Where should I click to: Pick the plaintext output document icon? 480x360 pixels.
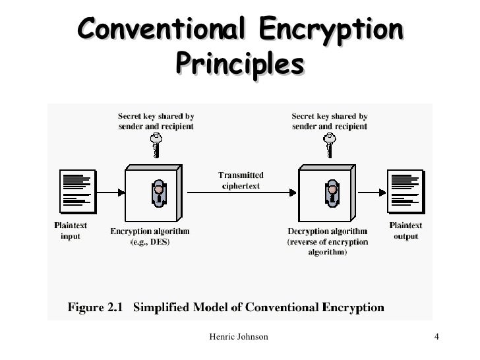tap(405, 191)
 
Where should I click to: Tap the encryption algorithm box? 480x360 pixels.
tap(152, 192)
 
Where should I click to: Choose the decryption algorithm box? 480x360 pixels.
tap(327, 192)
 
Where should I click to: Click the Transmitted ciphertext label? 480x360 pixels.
tap(241, 181)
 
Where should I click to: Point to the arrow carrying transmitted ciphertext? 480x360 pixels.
tap(241, 193)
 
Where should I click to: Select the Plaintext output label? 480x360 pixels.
tap(405, 230)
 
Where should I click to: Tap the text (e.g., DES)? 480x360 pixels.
tap(150, 241)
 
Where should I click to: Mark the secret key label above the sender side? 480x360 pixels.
tap(156, 121)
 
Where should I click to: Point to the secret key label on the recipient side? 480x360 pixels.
tap(330, 121)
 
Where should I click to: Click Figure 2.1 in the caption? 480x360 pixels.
tap(97, 307)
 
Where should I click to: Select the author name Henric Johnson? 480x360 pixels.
tap(238, 337)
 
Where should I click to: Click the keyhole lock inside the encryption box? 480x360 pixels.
tap(158, 192)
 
